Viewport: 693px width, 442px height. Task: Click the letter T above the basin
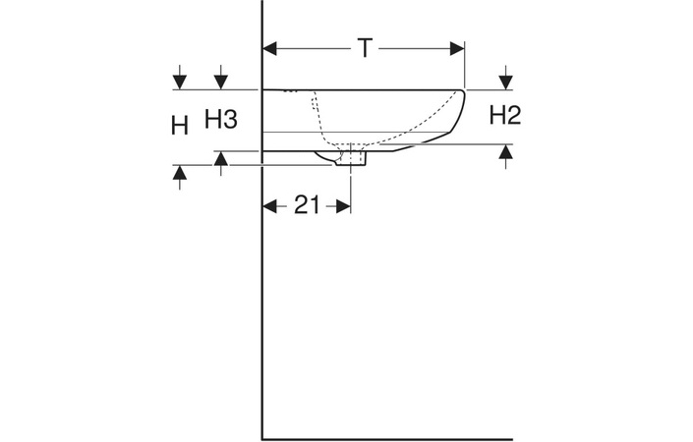[364, 48]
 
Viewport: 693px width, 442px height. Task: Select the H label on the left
[179, 126]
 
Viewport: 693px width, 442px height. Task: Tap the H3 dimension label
[221, 120]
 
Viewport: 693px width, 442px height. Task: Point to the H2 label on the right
[504, 116]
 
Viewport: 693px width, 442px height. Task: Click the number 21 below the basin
[308, 205]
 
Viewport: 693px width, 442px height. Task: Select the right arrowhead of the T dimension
[454, 48]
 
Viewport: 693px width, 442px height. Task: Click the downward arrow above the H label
[179, 79]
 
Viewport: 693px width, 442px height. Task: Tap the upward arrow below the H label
[179, 175]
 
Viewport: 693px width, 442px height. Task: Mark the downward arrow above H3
[221, 79]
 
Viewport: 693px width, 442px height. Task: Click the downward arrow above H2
[505, 79]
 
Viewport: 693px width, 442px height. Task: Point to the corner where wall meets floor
[262, 436]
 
